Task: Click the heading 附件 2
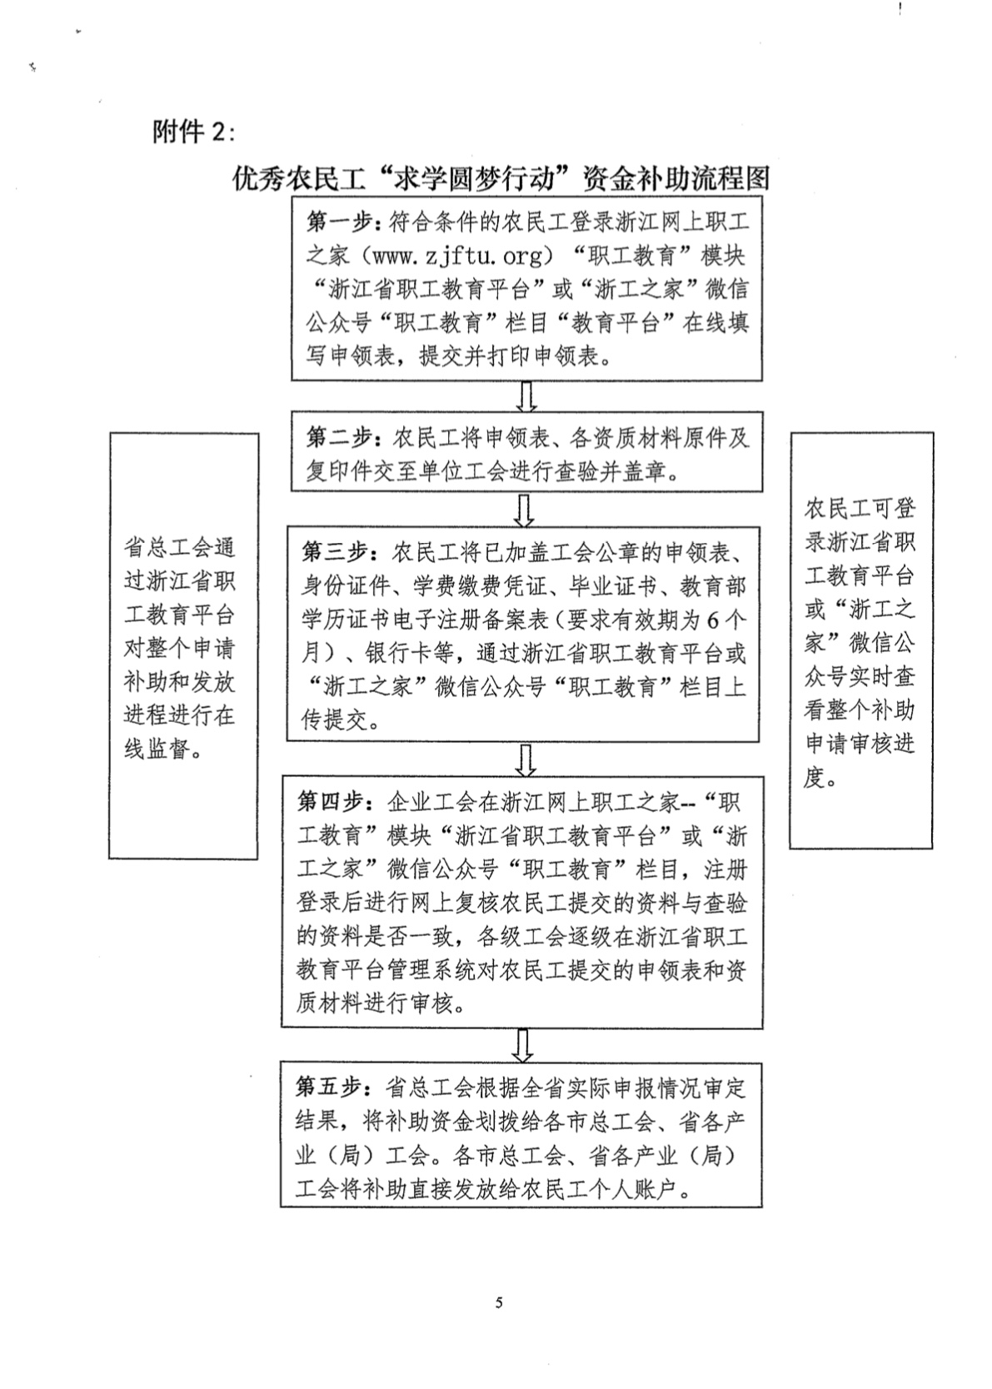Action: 193,131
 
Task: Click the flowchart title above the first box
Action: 501,178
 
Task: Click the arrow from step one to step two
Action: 526,396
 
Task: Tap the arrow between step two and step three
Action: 526,510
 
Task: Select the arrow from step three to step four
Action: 526,759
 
